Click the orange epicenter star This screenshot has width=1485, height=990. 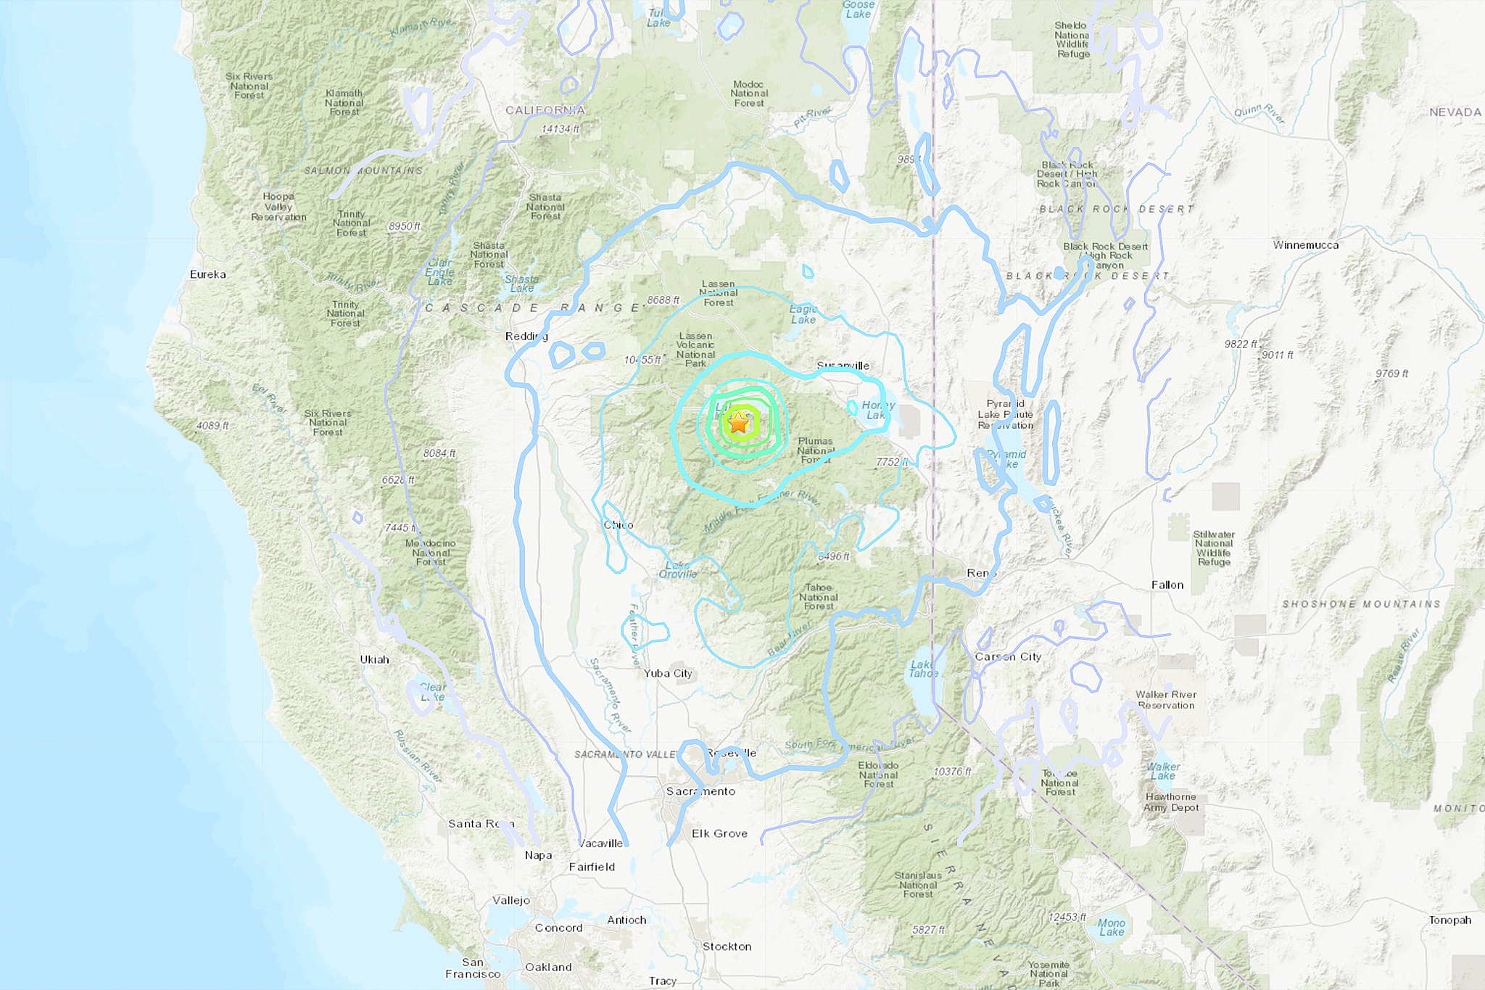pyautogui.click(x=738, y=422)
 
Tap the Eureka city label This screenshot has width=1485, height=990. pyautogui.click(x=207, y=274)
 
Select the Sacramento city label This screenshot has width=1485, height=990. pyautogui.click(x=700, y=791)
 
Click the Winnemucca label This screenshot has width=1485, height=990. pyautogui.click(x=1305, y=245)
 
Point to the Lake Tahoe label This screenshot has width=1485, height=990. pyautogui.click(x=922, y=669)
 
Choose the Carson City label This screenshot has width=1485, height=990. pyautogui.click(x=1008, y=656)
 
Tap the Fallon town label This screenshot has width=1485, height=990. pyautogui.click(x=1167, y=585)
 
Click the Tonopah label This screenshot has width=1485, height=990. pyautogui.click(x=1449, y=920)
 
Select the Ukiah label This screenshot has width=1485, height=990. pyautogui.click(x=374, y=659)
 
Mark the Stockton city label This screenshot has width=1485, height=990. pyautogui.click(x=727, y=946)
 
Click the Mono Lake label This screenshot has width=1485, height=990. pyautogui.click(x=1111, y=928)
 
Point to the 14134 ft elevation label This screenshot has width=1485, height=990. pyautogui.click(x=560, y=129)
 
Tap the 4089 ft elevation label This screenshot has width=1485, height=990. pyautogui.click(x=212, y=426)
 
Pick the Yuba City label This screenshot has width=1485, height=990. pyautogui.click(x=668, y=673)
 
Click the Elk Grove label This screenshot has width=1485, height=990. pyautogui.click(x=719, y=833)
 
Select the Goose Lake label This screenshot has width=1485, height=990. pyautogui.click(x=858, y=9)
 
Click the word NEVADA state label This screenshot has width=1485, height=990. pyautogui.click(x=1455, y=112)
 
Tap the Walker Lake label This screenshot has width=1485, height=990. pyautogui.click(x=1163, y=771)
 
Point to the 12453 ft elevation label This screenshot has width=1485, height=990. pyautogui.click(x=1067, y=917)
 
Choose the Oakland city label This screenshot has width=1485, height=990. pyautogui.click(x=548, y=967)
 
